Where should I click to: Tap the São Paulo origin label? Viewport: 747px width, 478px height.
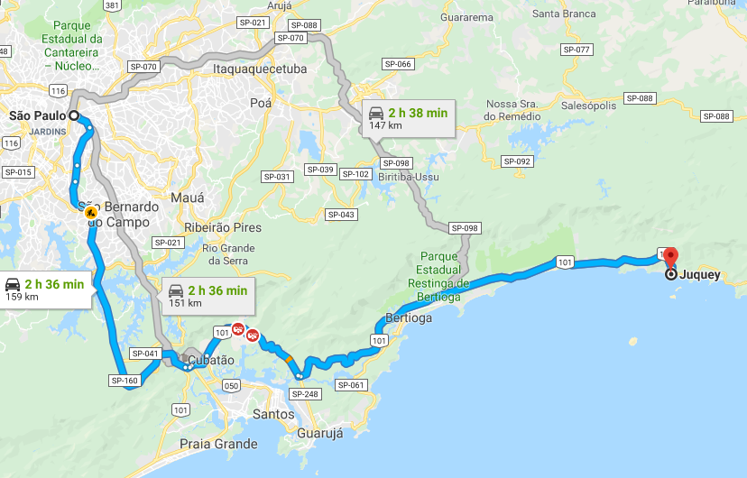(38, 115)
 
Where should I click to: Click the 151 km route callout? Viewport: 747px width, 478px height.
(207, 296)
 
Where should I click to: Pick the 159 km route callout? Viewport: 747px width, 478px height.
(45, 290)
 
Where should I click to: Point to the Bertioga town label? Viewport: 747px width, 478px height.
(408, 318)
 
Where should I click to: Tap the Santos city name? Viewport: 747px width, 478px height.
(273, 414)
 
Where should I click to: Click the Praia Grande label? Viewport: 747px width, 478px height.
(218, 444)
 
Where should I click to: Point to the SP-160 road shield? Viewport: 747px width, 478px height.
(124, 381)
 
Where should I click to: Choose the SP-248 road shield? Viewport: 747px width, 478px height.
(306, 394)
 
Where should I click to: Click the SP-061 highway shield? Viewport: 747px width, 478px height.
(352, 385)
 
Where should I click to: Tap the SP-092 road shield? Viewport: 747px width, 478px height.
(517, 161)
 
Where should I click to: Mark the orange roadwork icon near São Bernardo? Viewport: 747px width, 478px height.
(91, 212)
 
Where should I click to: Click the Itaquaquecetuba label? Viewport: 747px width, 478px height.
(260, 69)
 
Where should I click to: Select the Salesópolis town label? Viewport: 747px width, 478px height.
(588, 106)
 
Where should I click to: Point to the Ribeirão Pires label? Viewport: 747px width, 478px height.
(222, 227)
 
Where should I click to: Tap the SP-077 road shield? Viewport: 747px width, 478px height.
(576, 50)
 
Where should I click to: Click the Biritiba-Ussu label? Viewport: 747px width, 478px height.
(409, 177)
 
